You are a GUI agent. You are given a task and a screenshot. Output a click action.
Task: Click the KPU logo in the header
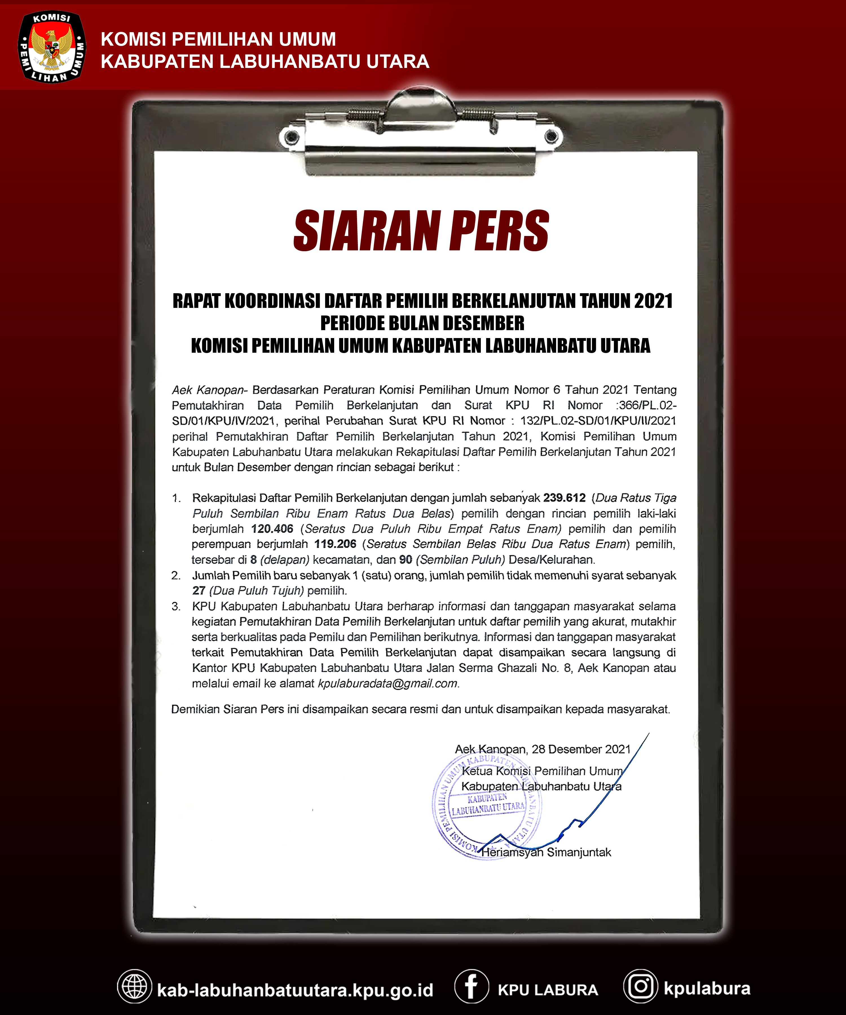(52, 47)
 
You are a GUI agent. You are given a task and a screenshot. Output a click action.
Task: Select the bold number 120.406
(272, 529)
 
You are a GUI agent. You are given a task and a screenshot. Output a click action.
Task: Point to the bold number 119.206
(335, 544)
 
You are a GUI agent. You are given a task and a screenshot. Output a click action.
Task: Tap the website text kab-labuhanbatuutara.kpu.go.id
(295, 990)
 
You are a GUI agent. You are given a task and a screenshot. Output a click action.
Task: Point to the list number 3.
(176, 606)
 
